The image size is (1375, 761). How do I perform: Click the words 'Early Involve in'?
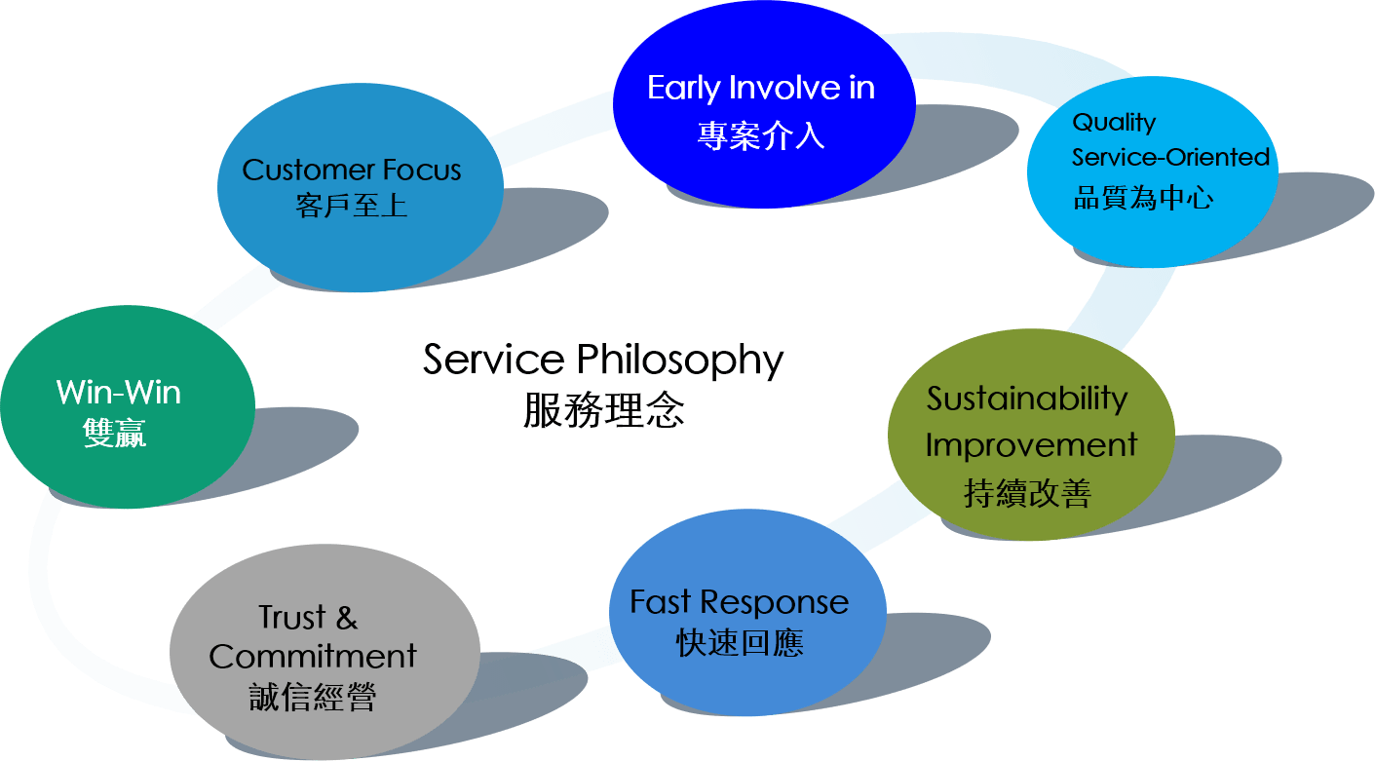(x=761, y=89)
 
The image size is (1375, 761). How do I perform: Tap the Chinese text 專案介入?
(x=761, y=135)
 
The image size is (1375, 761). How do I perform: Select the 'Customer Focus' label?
(x=351, y=170)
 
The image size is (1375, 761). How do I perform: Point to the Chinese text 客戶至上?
(x=351, y=206)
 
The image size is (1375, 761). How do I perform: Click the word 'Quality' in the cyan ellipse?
(x=1114, y=123)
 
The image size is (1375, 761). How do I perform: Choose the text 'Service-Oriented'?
(x=1170, y=157)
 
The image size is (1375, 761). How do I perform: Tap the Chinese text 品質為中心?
(x=1143, y=198)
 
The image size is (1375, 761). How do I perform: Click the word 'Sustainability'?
(x=1027, y=400)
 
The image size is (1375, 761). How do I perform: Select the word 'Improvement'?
(x=1031, y=445)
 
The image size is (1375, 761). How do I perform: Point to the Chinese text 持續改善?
(x=1027, y=493)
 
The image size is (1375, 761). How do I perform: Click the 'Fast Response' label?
(x=739, y=602)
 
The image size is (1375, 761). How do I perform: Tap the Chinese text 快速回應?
(x=740, y=643)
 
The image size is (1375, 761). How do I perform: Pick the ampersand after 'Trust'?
(x=347, y=618)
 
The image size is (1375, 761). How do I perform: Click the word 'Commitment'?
(x=313, y=657)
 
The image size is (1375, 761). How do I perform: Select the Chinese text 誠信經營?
(x=313, y=697)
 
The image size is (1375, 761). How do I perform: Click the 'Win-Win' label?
(x=119, y=393)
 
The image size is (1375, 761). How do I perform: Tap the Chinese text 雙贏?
(x=114, y=434)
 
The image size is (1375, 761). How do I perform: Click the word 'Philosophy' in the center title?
(x=680, y=361)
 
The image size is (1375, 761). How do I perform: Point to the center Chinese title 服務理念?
(x=603, y=410)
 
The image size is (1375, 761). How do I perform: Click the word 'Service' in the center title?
(x=493, y=360)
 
